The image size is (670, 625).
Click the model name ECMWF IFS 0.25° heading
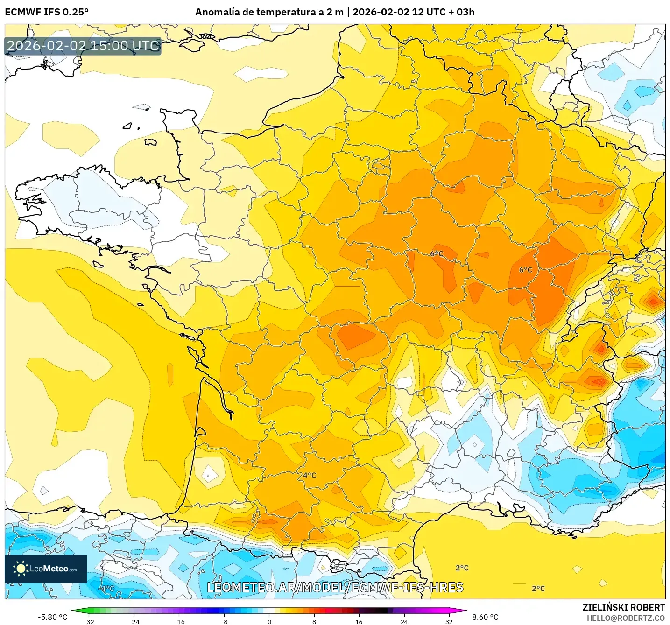click(47, 12)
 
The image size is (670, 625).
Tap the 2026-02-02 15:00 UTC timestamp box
click(83, 46)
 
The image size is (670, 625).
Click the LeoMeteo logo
click(46, 569)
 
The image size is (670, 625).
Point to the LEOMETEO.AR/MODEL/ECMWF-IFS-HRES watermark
click(335, 587)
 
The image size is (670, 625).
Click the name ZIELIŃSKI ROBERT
click(623, 607)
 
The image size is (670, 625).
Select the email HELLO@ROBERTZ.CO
click(626, 618)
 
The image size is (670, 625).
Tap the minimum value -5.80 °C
click(52, 617)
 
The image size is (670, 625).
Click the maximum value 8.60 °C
click(485, 617)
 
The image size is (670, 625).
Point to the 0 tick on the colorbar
click(269, 621)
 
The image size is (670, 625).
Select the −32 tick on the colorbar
click(89, 621)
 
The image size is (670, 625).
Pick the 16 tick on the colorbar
click(359, 621)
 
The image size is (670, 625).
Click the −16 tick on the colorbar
click(179, 621)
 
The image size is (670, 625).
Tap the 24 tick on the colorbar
click(404, 621)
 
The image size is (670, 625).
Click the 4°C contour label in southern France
click(309, 475)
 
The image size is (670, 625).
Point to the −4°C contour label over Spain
click(107, 588)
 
